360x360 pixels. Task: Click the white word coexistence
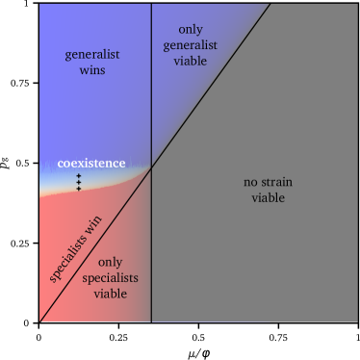point(90,163)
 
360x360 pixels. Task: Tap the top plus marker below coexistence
point(79,175)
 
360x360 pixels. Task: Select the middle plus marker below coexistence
point(79,182)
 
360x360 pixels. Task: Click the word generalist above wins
point(92,55)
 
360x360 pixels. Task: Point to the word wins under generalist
point(92,70)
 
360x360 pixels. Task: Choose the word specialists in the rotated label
point(69,261)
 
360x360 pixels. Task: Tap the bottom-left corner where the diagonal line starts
point(40,321)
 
